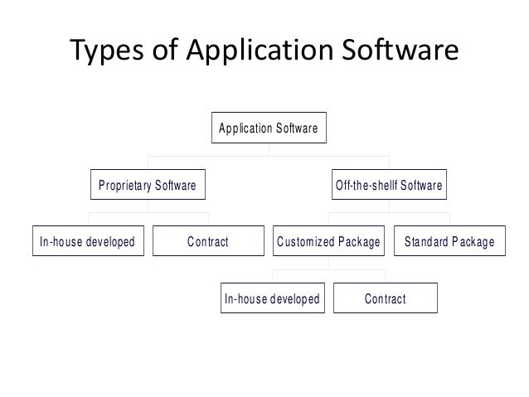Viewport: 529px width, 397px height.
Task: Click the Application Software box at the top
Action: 269,129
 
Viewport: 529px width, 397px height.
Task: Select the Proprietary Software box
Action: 148,186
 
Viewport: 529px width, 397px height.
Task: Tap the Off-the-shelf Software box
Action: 389,186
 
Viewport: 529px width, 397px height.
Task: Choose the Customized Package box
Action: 328,242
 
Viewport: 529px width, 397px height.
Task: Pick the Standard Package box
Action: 449,242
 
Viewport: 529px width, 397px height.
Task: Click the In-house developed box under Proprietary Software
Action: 87,242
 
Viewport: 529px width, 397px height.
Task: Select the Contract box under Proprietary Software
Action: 207,242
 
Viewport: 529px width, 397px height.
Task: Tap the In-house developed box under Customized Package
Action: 272,298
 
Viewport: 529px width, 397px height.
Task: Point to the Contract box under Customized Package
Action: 385,298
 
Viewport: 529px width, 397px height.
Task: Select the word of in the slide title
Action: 164,51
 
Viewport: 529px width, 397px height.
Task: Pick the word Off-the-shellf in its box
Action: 366,186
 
